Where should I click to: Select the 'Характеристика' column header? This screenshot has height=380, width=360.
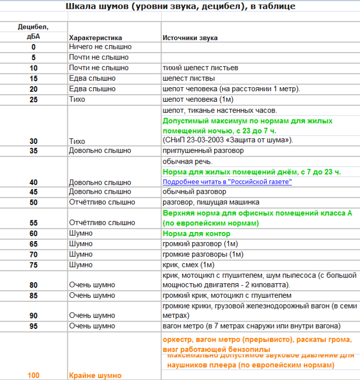[96, 37]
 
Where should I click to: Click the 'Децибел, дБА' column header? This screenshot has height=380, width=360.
[33, 31]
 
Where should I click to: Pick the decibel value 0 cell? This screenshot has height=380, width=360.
[33, 47]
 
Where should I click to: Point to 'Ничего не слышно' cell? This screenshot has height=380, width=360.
[97, 47]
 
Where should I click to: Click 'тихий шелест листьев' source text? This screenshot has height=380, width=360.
[200, 68]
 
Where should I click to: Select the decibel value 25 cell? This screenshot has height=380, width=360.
[33, 99]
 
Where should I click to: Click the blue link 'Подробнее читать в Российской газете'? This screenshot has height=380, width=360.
[227, 182]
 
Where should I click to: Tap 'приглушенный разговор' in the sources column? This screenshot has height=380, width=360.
[203, 150]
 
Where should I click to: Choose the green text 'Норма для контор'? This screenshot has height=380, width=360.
[196, 234]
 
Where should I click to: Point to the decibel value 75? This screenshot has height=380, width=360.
[33, 264]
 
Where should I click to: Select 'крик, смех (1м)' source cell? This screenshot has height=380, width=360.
[188, 264]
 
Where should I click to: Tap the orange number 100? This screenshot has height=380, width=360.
[33, 375]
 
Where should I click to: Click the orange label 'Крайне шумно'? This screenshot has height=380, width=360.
[95, 375]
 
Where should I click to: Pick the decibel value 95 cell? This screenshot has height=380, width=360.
[33, 326]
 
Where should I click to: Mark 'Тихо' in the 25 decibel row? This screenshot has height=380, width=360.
[77, 99]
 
